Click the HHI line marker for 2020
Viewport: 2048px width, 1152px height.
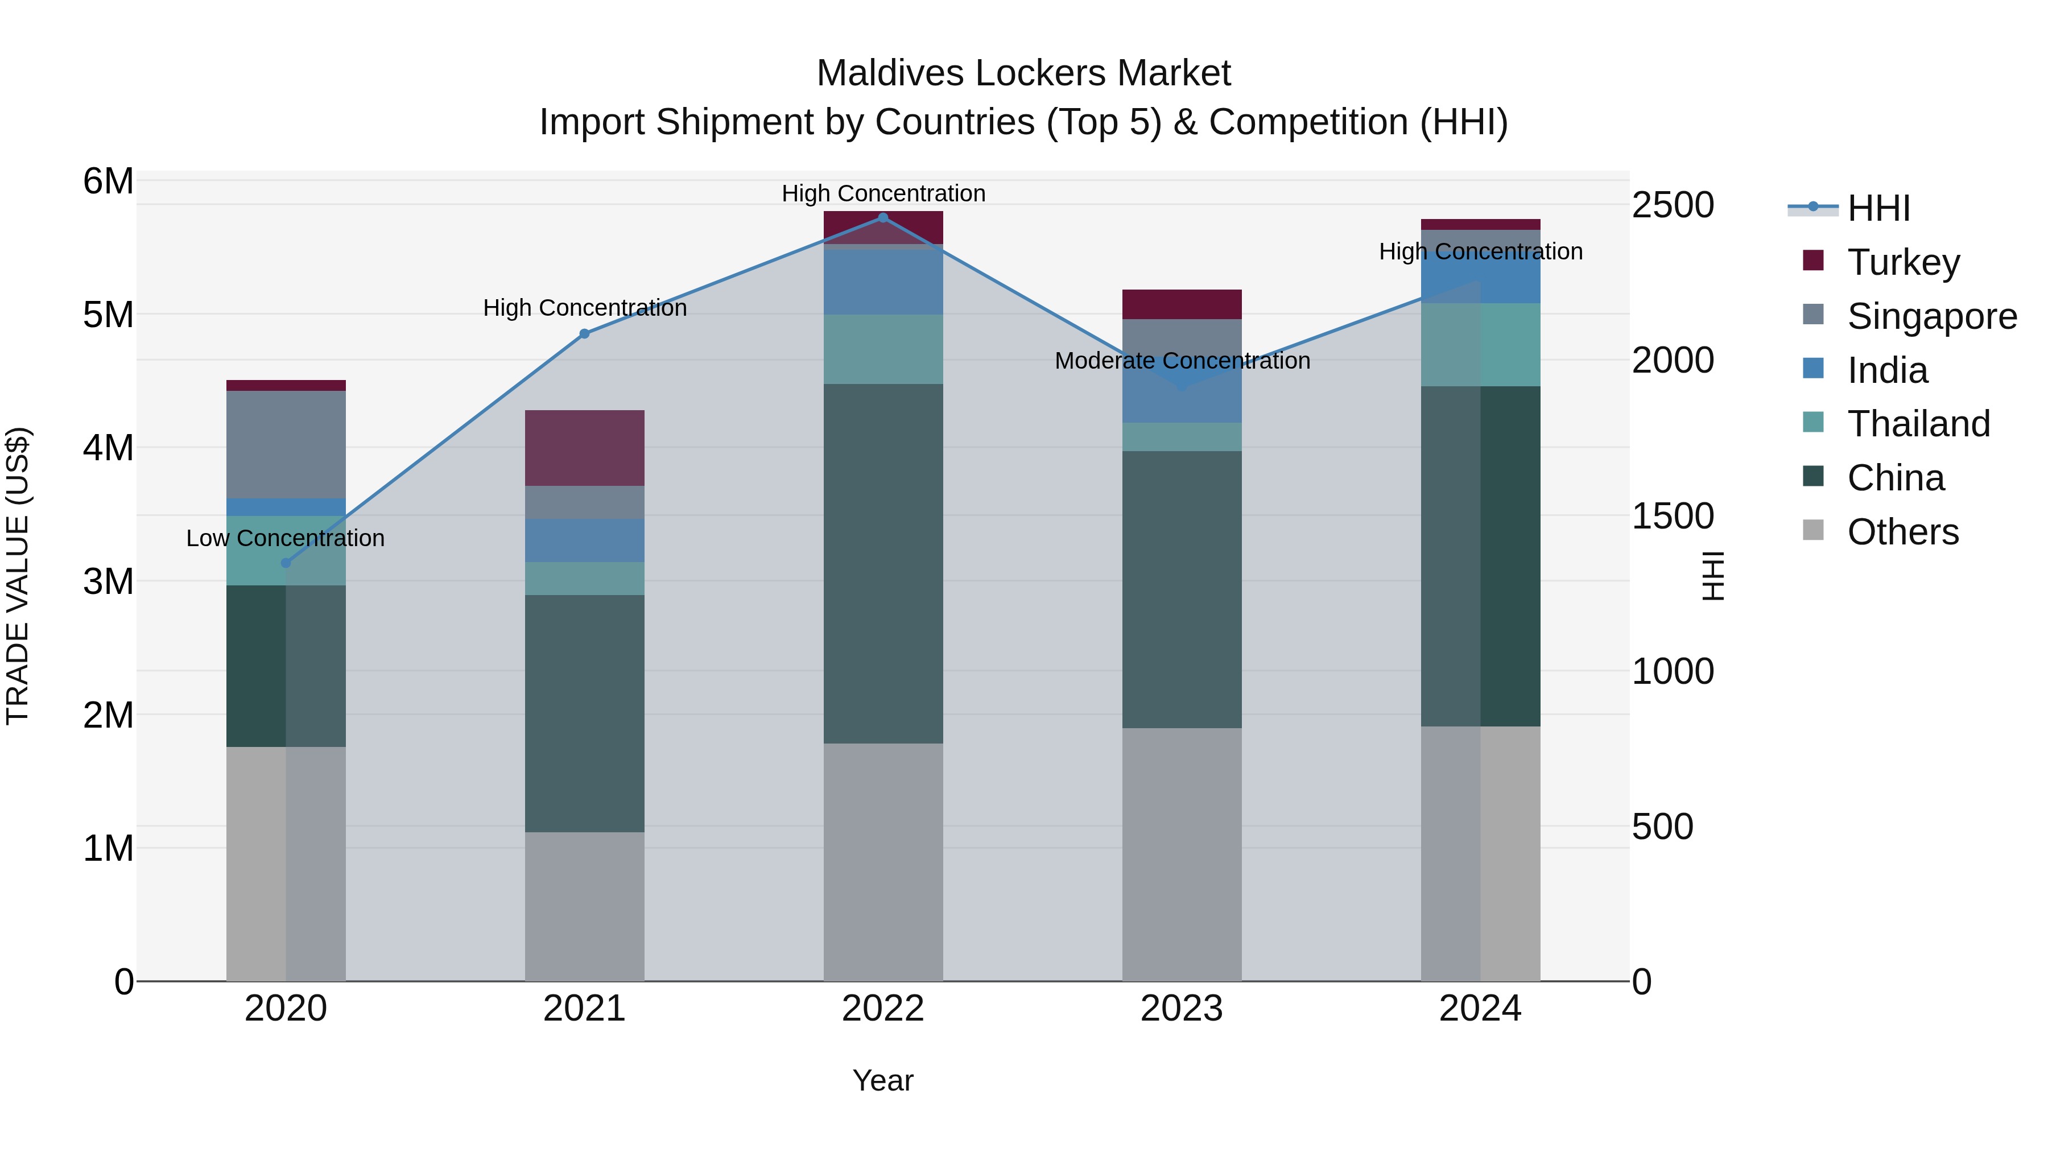[286, 563]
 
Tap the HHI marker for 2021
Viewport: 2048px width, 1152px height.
[584, 334]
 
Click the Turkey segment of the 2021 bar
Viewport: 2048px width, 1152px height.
[584, 448]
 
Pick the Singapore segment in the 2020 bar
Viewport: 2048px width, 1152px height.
[286, 444]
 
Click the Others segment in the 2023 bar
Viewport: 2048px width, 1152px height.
[1182, 854]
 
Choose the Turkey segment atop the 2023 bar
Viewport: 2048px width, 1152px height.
[1182, 304]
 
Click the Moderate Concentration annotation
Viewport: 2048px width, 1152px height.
[1182, 361]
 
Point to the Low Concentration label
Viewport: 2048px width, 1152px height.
[286, 538]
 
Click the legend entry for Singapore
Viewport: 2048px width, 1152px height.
[1931, 316]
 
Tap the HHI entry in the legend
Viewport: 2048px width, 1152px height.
[1878, 208]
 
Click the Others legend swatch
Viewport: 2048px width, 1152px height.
[1814, 530]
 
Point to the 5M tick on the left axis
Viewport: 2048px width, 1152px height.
[108, 315]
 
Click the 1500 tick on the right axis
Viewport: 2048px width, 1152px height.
[1673, 516]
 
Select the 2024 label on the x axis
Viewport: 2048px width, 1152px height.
[1480, 1009]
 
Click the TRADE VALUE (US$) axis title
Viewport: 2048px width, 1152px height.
[18, 576]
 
